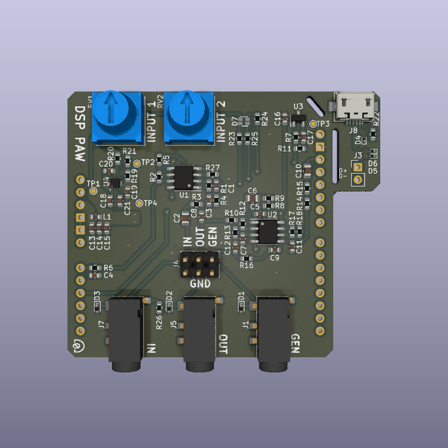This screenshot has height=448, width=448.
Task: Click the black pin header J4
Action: point(200,262)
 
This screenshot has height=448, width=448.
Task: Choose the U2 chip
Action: point(266,231)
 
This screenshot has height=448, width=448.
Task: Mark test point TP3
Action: point(313,124)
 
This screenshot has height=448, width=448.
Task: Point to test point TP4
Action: point(140,202)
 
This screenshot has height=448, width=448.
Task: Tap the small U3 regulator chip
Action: point(299,118)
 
